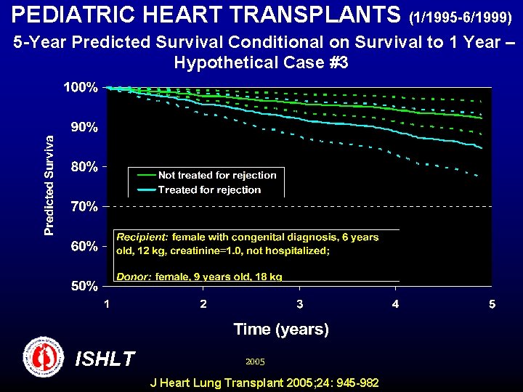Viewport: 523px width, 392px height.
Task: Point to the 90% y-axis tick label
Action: click(x=84, y=127)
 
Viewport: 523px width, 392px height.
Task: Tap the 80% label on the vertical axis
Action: click(x=84, y=167)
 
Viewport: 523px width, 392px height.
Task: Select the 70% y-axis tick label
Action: click(x=84, y=207)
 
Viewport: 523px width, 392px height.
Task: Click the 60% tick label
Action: click(x=84, y=247)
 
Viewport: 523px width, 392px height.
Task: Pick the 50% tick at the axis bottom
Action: click(x=84, y=286)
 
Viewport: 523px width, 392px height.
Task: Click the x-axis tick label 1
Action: click(x=107, y=303)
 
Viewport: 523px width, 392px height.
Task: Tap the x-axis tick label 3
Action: click(x=299, y=303)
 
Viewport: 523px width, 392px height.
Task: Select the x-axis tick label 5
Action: click(x=492, y=303)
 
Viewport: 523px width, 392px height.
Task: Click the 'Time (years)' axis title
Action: click(x=281, y=330)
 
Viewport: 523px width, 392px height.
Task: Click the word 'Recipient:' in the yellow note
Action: click(x=142, y=237)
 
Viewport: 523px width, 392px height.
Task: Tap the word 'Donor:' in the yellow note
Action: click(x=134, y=277)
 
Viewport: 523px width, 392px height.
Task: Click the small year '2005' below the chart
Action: click(x=255, y=361)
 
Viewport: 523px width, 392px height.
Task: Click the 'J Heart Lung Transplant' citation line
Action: click(x=264, y=383)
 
